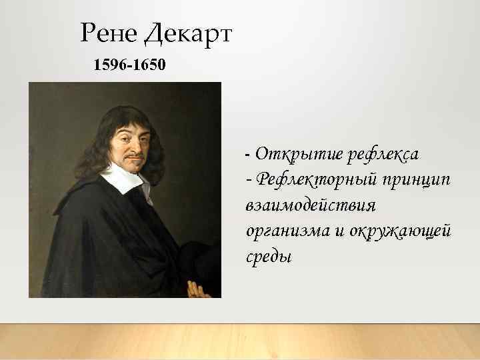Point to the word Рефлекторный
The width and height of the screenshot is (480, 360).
click(x=317, y=179)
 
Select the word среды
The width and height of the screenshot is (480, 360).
click(x=269, y=255)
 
